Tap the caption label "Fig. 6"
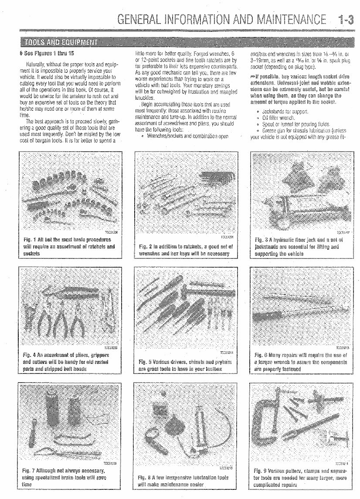260,356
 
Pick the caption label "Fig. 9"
260,471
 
